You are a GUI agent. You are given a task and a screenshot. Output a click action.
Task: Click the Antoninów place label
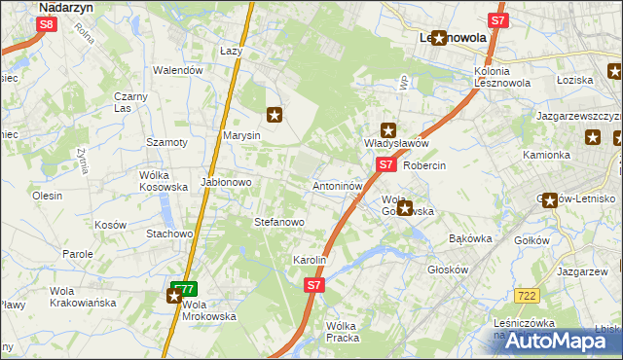point(337,185)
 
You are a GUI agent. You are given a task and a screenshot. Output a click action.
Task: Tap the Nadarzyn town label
point(65,6)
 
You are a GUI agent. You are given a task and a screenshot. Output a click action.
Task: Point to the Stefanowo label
point(279,222)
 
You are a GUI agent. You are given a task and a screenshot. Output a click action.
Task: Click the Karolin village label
point(309,261)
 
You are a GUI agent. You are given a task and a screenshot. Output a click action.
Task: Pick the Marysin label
point(241,136)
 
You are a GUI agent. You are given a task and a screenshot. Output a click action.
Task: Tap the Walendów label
point(178,70)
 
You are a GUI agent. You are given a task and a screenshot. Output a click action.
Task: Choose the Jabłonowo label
point(227,182)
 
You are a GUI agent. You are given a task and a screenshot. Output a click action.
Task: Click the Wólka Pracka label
point(343,332)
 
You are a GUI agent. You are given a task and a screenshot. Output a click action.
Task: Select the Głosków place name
point(449,271)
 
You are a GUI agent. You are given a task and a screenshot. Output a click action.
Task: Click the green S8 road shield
point(47,26)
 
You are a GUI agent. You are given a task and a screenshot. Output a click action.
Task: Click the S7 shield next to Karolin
point(312,285)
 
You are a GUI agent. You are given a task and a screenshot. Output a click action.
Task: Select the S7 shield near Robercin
point(385,165)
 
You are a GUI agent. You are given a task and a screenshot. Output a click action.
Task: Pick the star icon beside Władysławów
point(388,129)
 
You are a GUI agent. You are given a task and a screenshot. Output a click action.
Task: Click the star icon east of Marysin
point(275,115)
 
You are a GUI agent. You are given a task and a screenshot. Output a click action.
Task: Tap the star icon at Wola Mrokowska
point(174,296)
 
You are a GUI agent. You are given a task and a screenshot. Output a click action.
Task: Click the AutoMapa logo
point(550,341)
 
